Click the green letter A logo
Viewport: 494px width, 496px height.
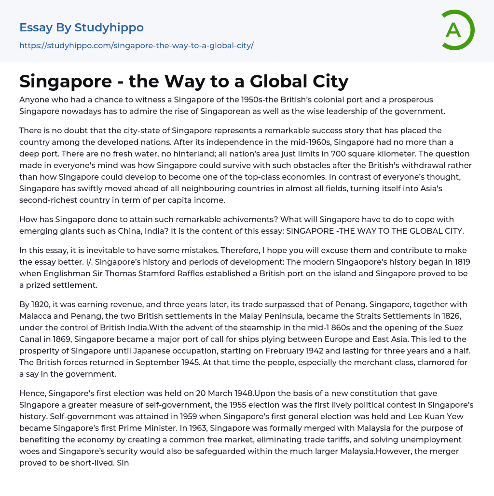coord(456,30)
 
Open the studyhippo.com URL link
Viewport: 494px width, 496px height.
coord(137,45)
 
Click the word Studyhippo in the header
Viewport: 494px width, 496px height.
coord(110,28)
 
